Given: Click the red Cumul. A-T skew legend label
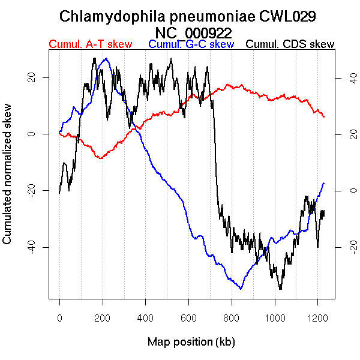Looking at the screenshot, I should click(x=90, y=44).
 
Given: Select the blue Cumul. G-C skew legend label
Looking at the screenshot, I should click(x=191, y=44).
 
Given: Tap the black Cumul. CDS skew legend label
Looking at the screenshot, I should click(x=290, y=44).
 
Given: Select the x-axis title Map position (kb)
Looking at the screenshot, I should click(x=191, y=342).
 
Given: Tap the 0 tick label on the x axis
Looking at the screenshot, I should click(x=59, y=317).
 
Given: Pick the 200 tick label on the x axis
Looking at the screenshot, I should click(x=103, y=317).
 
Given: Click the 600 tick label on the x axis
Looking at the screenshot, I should click(x=188, y=317).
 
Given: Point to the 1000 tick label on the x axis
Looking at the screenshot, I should click(x=274, y=317).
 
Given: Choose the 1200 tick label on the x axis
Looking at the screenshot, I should click(x=317, y=317).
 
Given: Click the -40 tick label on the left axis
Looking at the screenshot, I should click(x=35, y=247).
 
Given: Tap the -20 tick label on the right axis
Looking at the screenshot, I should click(x=346, y=247).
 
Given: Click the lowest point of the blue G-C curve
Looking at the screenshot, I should click(x=241, y=289).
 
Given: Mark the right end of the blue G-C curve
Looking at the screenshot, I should click(x=324, y=183).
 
